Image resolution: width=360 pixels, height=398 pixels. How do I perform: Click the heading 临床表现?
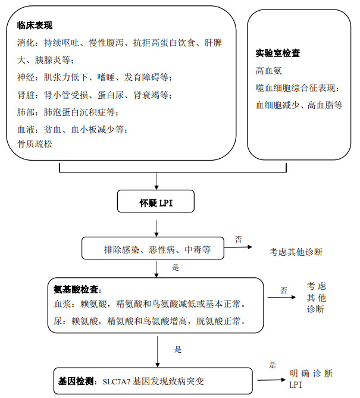pos(35,26)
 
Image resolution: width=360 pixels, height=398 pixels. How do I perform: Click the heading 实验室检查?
pos(277,53)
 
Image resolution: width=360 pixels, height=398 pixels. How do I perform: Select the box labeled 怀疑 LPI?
pos(156,203)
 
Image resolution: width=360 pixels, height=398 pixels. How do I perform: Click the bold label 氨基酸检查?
pos(77,290)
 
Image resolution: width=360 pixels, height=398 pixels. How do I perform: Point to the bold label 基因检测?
pos(75,380)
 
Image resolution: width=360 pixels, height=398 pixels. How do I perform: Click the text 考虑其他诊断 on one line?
pos(296,252)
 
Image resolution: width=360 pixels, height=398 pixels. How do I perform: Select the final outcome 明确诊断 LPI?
pos(310,379)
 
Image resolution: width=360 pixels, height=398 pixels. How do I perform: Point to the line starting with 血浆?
pos(149,304)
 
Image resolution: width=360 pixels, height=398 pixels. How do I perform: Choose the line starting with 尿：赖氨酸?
pos(149,322)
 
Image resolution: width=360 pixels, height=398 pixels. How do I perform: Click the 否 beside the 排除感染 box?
pos(238,240)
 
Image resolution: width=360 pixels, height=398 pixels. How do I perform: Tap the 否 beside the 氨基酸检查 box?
pos(284,291)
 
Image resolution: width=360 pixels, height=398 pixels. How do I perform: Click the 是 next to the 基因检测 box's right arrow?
pos(273,365)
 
